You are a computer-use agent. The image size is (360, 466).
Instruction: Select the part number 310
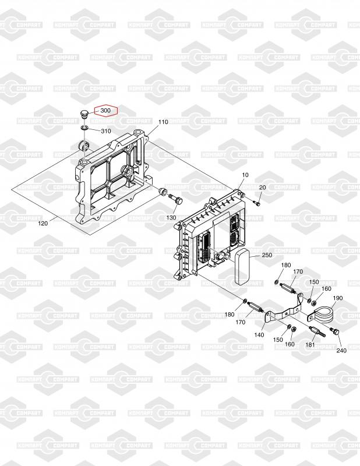point(105,130)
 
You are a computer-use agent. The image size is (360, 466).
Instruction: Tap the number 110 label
point(163,122)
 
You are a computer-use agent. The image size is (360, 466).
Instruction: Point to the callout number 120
point(43,223)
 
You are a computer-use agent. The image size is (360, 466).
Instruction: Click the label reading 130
point(171,217)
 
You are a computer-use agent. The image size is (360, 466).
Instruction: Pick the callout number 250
point(267,255)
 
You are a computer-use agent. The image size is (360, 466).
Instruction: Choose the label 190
point(338,298)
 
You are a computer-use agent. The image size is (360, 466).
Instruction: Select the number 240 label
point(341,351)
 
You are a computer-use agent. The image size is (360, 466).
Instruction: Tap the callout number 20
point(262,187)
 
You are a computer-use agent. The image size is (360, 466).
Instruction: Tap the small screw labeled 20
point(257,203)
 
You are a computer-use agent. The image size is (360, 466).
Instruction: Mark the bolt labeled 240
point(336,332)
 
